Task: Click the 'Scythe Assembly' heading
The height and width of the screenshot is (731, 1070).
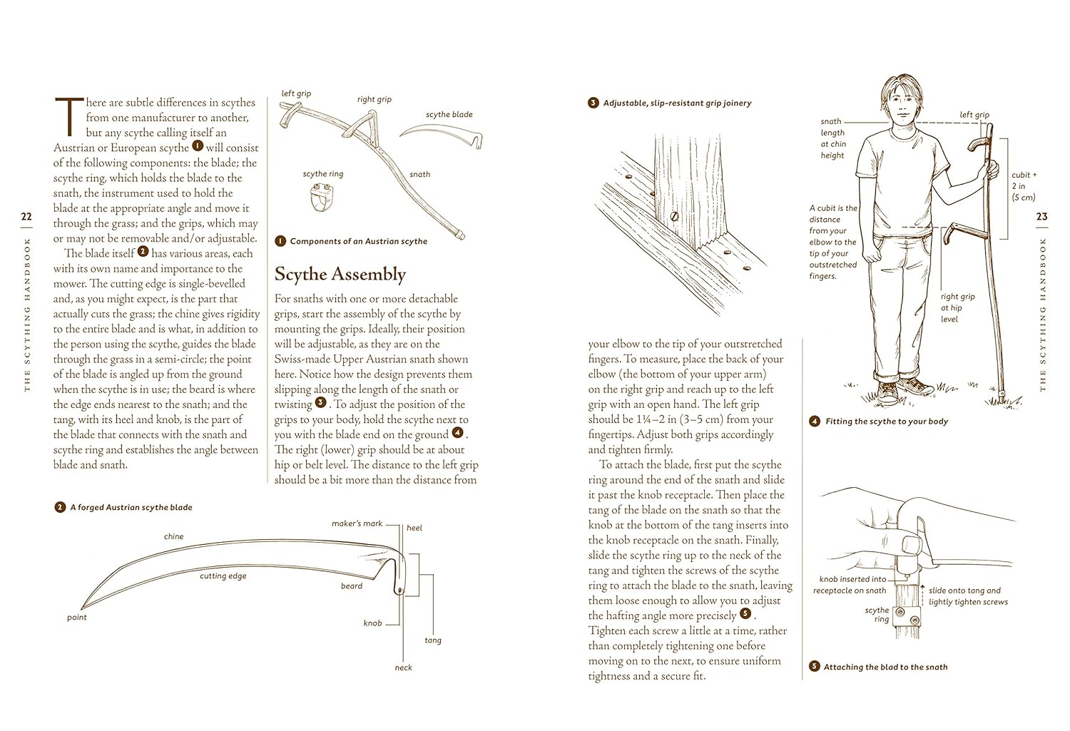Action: click(340, 275)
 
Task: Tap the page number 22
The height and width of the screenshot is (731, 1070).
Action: click(26, 217)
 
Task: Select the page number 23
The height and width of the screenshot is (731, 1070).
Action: click(1041, 217)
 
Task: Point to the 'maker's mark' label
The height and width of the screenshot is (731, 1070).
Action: click(357, 523)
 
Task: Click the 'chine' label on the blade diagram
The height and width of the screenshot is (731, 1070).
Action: click(173, 536)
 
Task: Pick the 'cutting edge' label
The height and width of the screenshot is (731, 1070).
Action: click(223, 576)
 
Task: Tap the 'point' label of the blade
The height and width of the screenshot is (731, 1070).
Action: click(76, 618)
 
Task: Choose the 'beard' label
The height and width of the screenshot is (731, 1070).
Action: click(352, 586)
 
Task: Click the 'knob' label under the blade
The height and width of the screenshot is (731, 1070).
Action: click(372, 623)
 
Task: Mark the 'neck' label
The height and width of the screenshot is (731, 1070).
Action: click(404, 668)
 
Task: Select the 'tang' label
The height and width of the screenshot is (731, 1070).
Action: click(433, 640)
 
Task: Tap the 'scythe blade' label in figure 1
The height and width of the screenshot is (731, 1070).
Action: click(449, 115)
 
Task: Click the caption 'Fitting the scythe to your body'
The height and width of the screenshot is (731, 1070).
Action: click(887, 421)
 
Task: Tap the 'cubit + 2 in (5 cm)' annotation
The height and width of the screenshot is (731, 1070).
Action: click(1024, 186)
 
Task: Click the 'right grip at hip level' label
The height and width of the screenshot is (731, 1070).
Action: click(957, 307)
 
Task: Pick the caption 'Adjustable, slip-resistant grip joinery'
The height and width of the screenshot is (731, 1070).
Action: click(677, 103)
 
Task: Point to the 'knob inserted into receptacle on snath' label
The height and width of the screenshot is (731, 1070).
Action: click(852, 585)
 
